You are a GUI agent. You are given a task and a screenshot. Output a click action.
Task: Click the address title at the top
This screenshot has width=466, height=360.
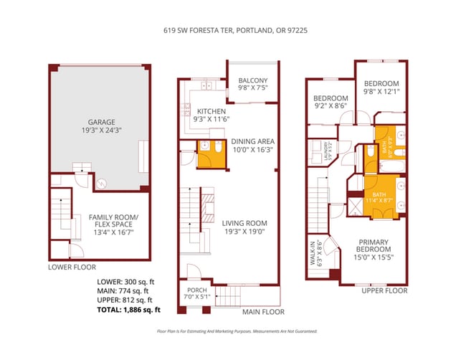click(232, 31)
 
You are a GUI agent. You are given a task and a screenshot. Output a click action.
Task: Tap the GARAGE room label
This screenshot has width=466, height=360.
click(99, 122)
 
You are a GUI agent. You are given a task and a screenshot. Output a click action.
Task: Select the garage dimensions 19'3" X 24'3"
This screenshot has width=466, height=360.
click(99, 131)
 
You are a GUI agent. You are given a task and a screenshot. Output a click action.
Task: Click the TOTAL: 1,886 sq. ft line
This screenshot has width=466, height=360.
click(128, 310)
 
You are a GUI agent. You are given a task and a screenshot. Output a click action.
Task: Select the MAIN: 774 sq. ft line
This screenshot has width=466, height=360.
click(123, 290)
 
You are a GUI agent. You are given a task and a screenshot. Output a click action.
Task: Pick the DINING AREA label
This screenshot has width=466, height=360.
click(253, 142)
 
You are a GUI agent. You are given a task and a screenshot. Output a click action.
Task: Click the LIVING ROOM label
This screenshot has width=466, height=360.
click(244, 223)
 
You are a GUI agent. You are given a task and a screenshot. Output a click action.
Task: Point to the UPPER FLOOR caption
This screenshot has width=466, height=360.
click(384, 290)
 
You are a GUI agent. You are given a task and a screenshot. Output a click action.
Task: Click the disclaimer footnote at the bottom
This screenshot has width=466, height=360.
click(232, 331)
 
